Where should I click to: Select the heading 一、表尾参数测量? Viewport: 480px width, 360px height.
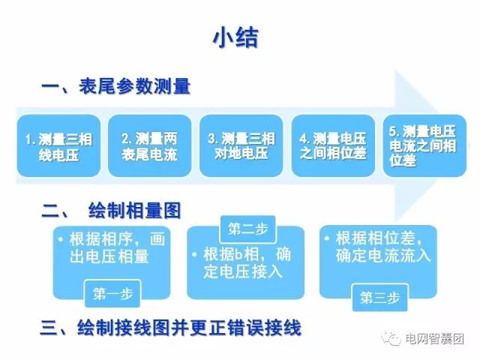(x=116, y=88)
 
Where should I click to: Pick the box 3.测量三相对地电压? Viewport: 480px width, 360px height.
(x=241, y=146)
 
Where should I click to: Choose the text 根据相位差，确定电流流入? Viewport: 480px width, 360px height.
(x=382, y=247)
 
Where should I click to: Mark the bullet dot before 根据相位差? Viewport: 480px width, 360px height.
(x=328, y=238)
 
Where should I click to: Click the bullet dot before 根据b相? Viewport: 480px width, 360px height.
(x=195, y=253)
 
